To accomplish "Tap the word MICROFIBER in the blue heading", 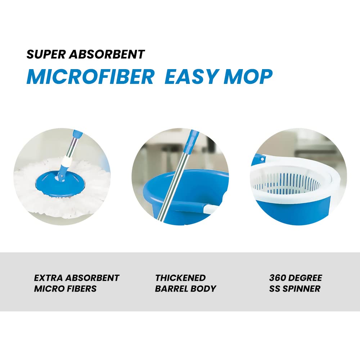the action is click(x=90, y=76).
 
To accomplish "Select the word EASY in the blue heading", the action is click(x=191, y=76).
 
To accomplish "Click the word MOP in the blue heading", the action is click(x=248, y=76).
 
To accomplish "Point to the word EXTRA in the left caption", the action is click(x=48, y=278).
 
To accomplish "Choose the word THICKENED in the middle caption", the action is click(x=180, y=278).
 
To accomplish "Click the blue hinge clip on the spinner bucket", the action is click(x=261, y=159).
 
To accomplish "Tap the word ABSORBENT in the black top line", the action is click(x=107, y=54).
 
